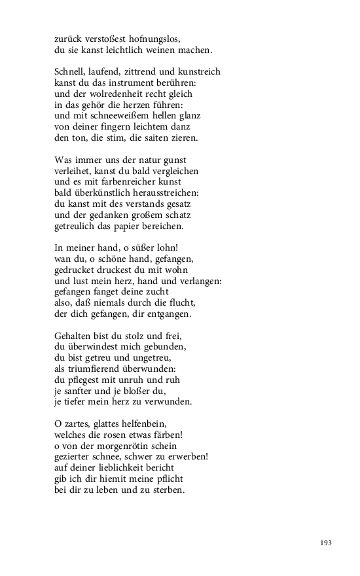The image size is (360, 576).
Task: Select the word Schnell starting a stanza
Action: pos(72,72)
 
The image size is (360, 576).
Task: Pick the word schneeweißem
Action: pos(118,117)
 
